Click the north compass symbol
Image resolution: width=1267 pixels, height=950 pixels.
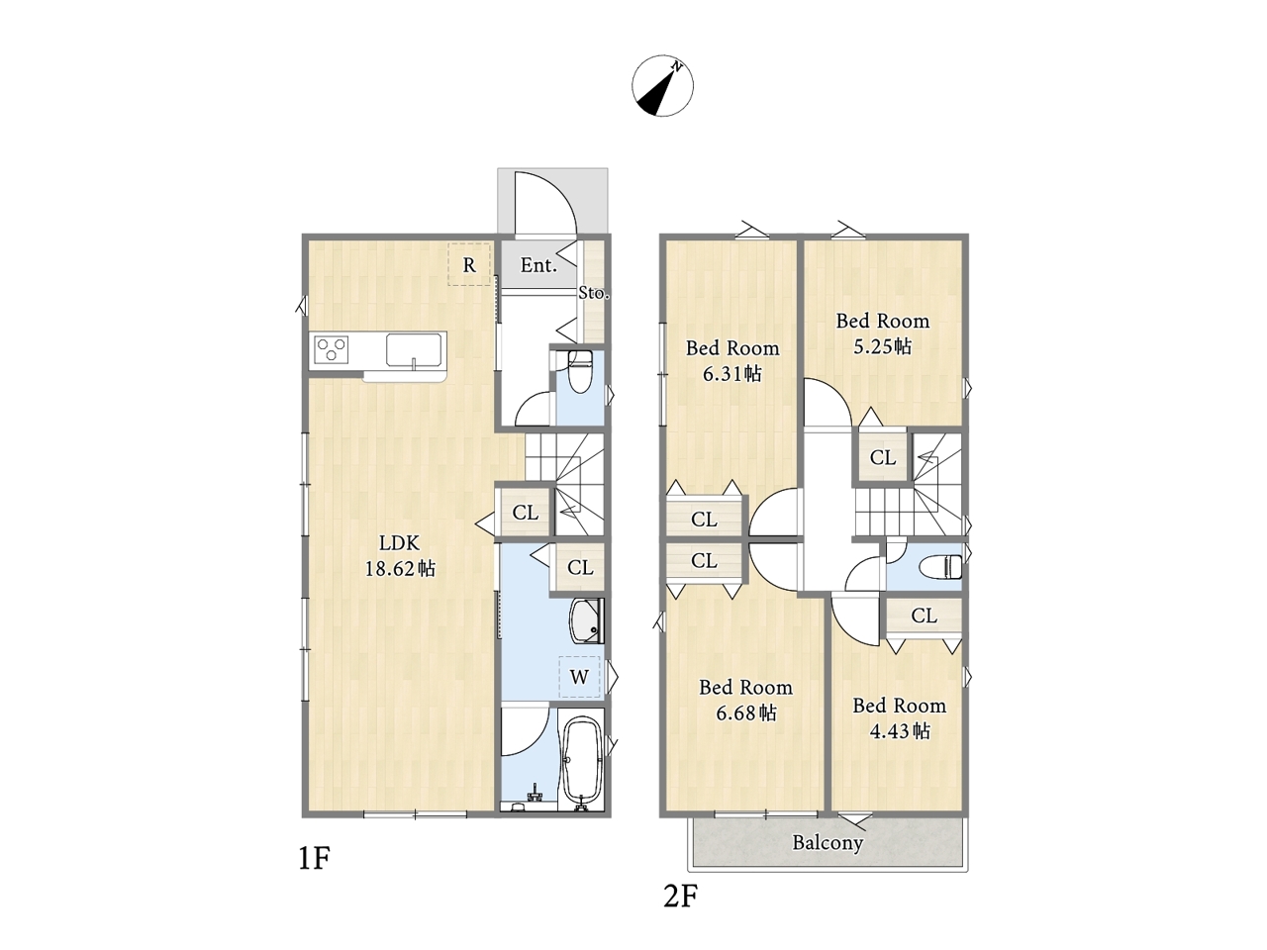pos(662,86)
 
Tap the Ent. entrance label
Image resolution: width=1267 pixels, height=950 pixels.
pos(538,265)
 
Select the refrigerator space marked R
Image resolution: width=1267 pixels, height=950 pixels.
pos(469,265)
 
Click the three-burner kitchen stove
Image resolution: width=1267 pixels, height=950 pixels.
pos(332,349)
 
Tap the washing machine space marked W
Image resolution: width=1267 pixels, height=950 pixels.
pos(579,677)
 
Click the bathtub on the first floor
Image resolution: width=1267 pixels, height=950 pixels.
pos(582,763)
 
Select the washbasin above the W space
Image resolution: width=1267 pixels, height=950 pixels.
pos(586,620)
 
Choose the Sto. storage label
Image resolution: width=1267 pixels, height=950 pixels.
pos(594,293)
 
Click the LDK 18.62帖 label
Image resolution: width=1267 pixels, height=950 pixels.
pos(400,556)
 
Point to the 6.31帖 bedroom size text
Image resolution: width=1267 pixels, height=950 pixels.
pos(731,374)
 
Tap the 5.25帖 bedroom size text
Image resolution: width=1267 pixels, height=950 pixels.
pos(883,346)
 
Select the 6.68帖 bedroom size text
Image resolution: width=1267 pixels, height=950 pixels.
pos(745,713)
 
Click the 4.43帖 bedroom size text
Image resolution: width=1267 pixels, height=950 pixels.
pos(900,732)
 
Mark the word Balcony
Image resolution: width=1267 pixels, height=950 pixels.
pos(828,843)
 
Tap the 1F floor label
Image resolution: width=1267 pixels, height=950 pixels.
pos(314,859)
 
